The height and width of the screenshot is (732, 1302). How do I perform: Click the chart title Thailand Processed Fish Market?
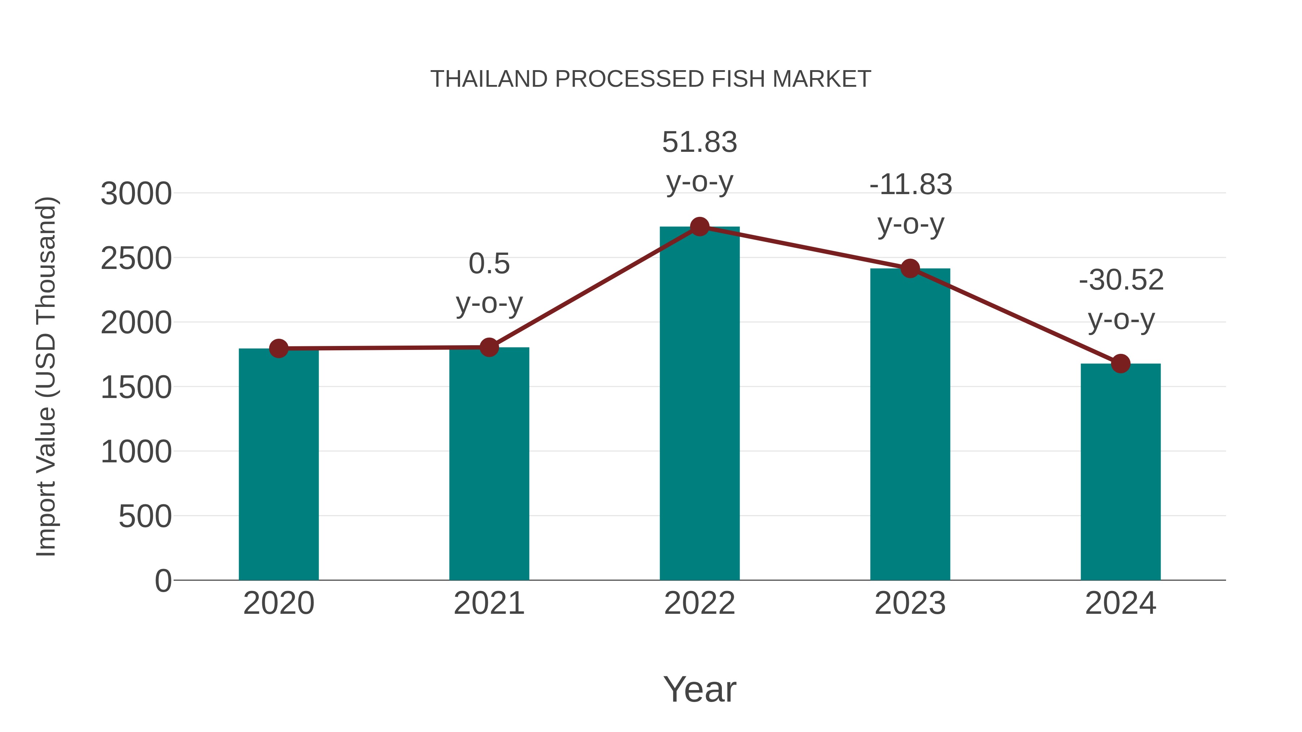tap(651, 79)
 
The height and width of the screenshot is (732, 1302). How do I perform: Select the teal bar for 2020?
tap(278, 465)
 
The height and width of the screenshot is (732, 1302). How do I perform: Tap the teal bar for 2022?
tap(699, 404)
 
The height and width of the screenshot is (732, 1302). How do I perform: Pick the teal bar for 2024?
tap(1120, 472)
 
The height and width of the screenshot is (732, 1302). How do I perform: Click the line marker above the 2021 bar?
tap(489, 347)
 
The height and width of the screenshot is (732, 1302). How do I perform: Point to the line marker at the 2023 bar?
tap(910, 269)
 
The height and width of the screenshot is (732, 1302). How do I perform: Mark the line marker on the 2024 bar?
tap(1120, 363)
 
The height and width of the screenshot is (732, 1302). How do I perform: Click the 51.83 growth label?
tap(699, 142)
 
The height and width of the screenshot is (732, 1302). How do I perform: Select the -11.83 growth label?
tap(910, 185)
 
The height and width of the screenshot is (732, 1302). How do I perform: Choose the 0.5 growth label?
tap(489, 264)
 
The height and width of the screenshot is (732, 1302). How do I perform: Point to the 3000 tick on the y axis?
tap(136, 194)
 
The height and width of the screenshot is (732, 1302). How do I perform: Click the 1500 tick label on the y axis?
tap(136, 388)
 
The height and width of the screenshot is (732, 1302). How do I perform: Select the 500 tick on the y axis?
tap(145, 517)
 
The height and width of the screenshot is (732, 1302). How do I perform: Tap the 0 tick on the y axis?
tap(163, 581)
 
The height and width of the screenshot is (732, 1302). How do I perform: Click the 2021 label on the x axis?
tap(489, 604)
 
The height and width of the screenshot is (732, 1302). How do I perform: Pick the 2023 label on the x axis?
tap(910, 604)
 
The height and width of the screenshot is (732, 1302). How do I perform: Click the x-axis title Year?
tap(699, 690)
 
